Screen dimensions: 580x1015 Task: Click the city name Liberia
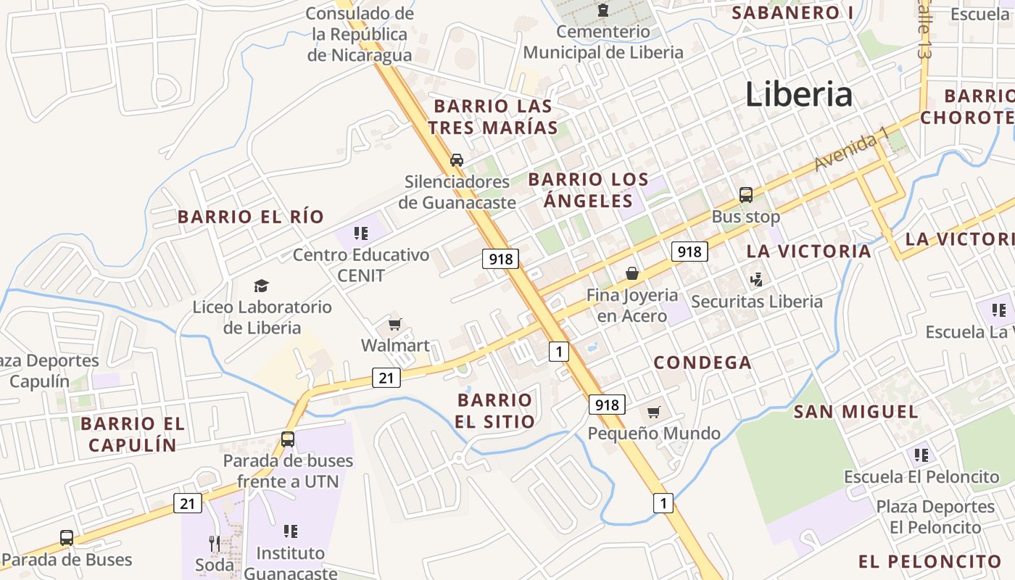point(798,95)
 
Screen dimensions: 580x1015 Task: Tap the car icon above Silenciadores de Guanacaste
point(457,159)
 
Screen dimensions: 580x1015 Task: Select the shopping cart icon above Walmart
point(395,324)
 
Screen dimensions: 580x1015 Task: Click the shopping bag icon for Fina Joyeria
point(632,273)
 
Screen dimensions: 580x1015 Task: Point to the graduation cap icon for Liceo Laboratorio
point(261,286)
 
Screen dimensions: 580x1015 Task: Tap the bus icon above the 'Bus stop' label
point(745,195)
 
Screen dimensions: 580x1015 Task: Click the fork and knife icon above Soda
point(215,543)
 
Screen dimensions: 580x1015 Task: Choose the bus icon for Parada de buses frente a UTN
point(288,439)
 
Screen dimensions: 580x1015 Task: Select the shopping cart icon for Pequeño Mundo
point(654,413)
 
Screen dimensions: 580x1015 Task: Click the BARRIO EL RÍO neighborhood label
point(251,217)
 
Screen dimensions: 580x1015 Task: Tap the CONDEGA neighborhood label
point(703,362)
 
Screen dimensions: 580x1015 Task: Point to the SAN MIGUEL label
point(855,412)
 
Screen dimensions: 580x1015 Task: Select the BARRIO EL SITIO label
point(495,410)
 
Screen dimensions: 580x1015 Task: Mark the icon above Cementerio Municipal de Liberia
point(602,10)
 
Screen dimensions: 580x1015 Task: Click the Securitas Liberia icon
point(757,279)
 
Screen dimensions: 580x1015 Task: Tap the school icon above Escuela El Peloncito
point(921,455)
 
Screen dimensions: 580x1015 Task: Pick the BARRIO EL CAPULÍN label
point(133,434)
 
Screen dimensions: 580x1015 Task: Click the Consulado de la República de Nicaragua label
point(360,34)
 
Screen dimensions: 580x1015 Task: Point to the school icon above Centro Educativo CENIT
point(361,233)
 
